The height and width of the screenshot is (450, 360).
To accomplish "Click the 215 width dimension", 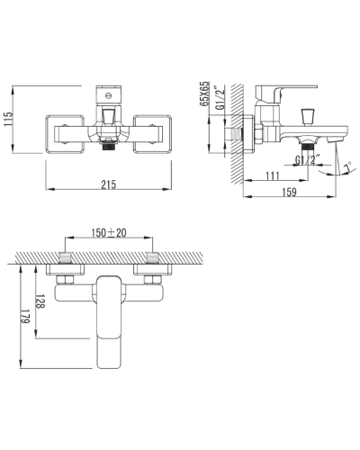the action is pyautogui.click(x=108, y=184).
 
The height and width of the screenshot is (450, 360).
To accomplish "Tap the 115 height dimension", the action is pyautogui.click(x=8, y=119).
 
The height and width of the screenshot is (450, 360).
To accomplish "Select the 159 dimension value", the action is pyautogui.click(x=289, y=192).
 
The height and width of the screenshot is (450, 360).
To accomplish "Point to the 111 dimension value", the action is pyautogui.click(x=273, y=175).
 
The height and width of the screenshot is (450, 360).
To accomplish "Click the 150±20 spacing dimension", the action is pyautogui.click(x=109, y=232).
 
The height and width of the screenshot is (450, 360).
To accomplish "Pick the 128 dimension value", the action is pyautogui.click(x=40, y=301).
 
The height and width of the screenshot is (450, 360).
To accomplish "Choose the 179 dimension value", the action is pyautogui.click(x=24, y=317).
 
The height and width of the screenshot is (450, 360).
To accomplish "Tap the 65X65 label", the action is pyautogui.click(x=204, y=94).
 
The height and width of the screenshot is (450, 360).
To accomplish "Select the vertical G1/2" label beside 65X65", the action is pyautogui.click(x=220, y=98).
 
